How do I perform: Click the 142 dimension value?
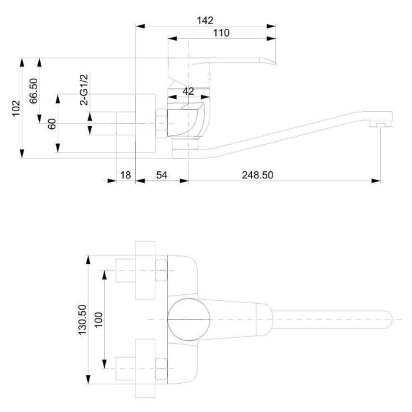click(205, 21)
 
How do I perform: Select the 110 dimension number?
click(221, 33)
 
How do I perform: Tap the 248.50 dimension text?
click(258, 175)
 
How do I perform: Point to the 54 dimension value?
click(162, 175)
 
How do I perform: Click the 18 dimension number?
click(125, 175)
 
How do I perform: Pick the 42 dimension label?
click(188, 91)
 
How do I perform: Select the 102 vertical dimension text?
click(16, 108)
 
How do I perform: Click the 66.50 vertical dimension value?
click(34, 91)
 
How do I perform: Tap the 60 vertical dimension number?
click(52, 124)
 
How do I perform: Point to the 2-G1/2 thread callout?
click(84, 89)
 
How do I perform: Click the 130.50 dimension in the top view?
click(82, 320)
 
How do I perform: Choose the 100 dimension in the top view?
click(98, 320)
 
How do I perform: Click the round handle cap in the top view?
click(189, 320)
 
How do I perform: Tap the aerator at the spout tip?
click(381, 124)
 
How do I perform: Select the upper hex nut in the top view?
click(161, 270)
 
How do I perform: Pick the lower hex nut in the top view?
click(161, 368)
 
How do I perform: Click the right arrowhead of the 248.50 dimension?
click(376, 181)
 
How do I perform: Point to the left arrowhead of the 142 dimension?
click(140, 26)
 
